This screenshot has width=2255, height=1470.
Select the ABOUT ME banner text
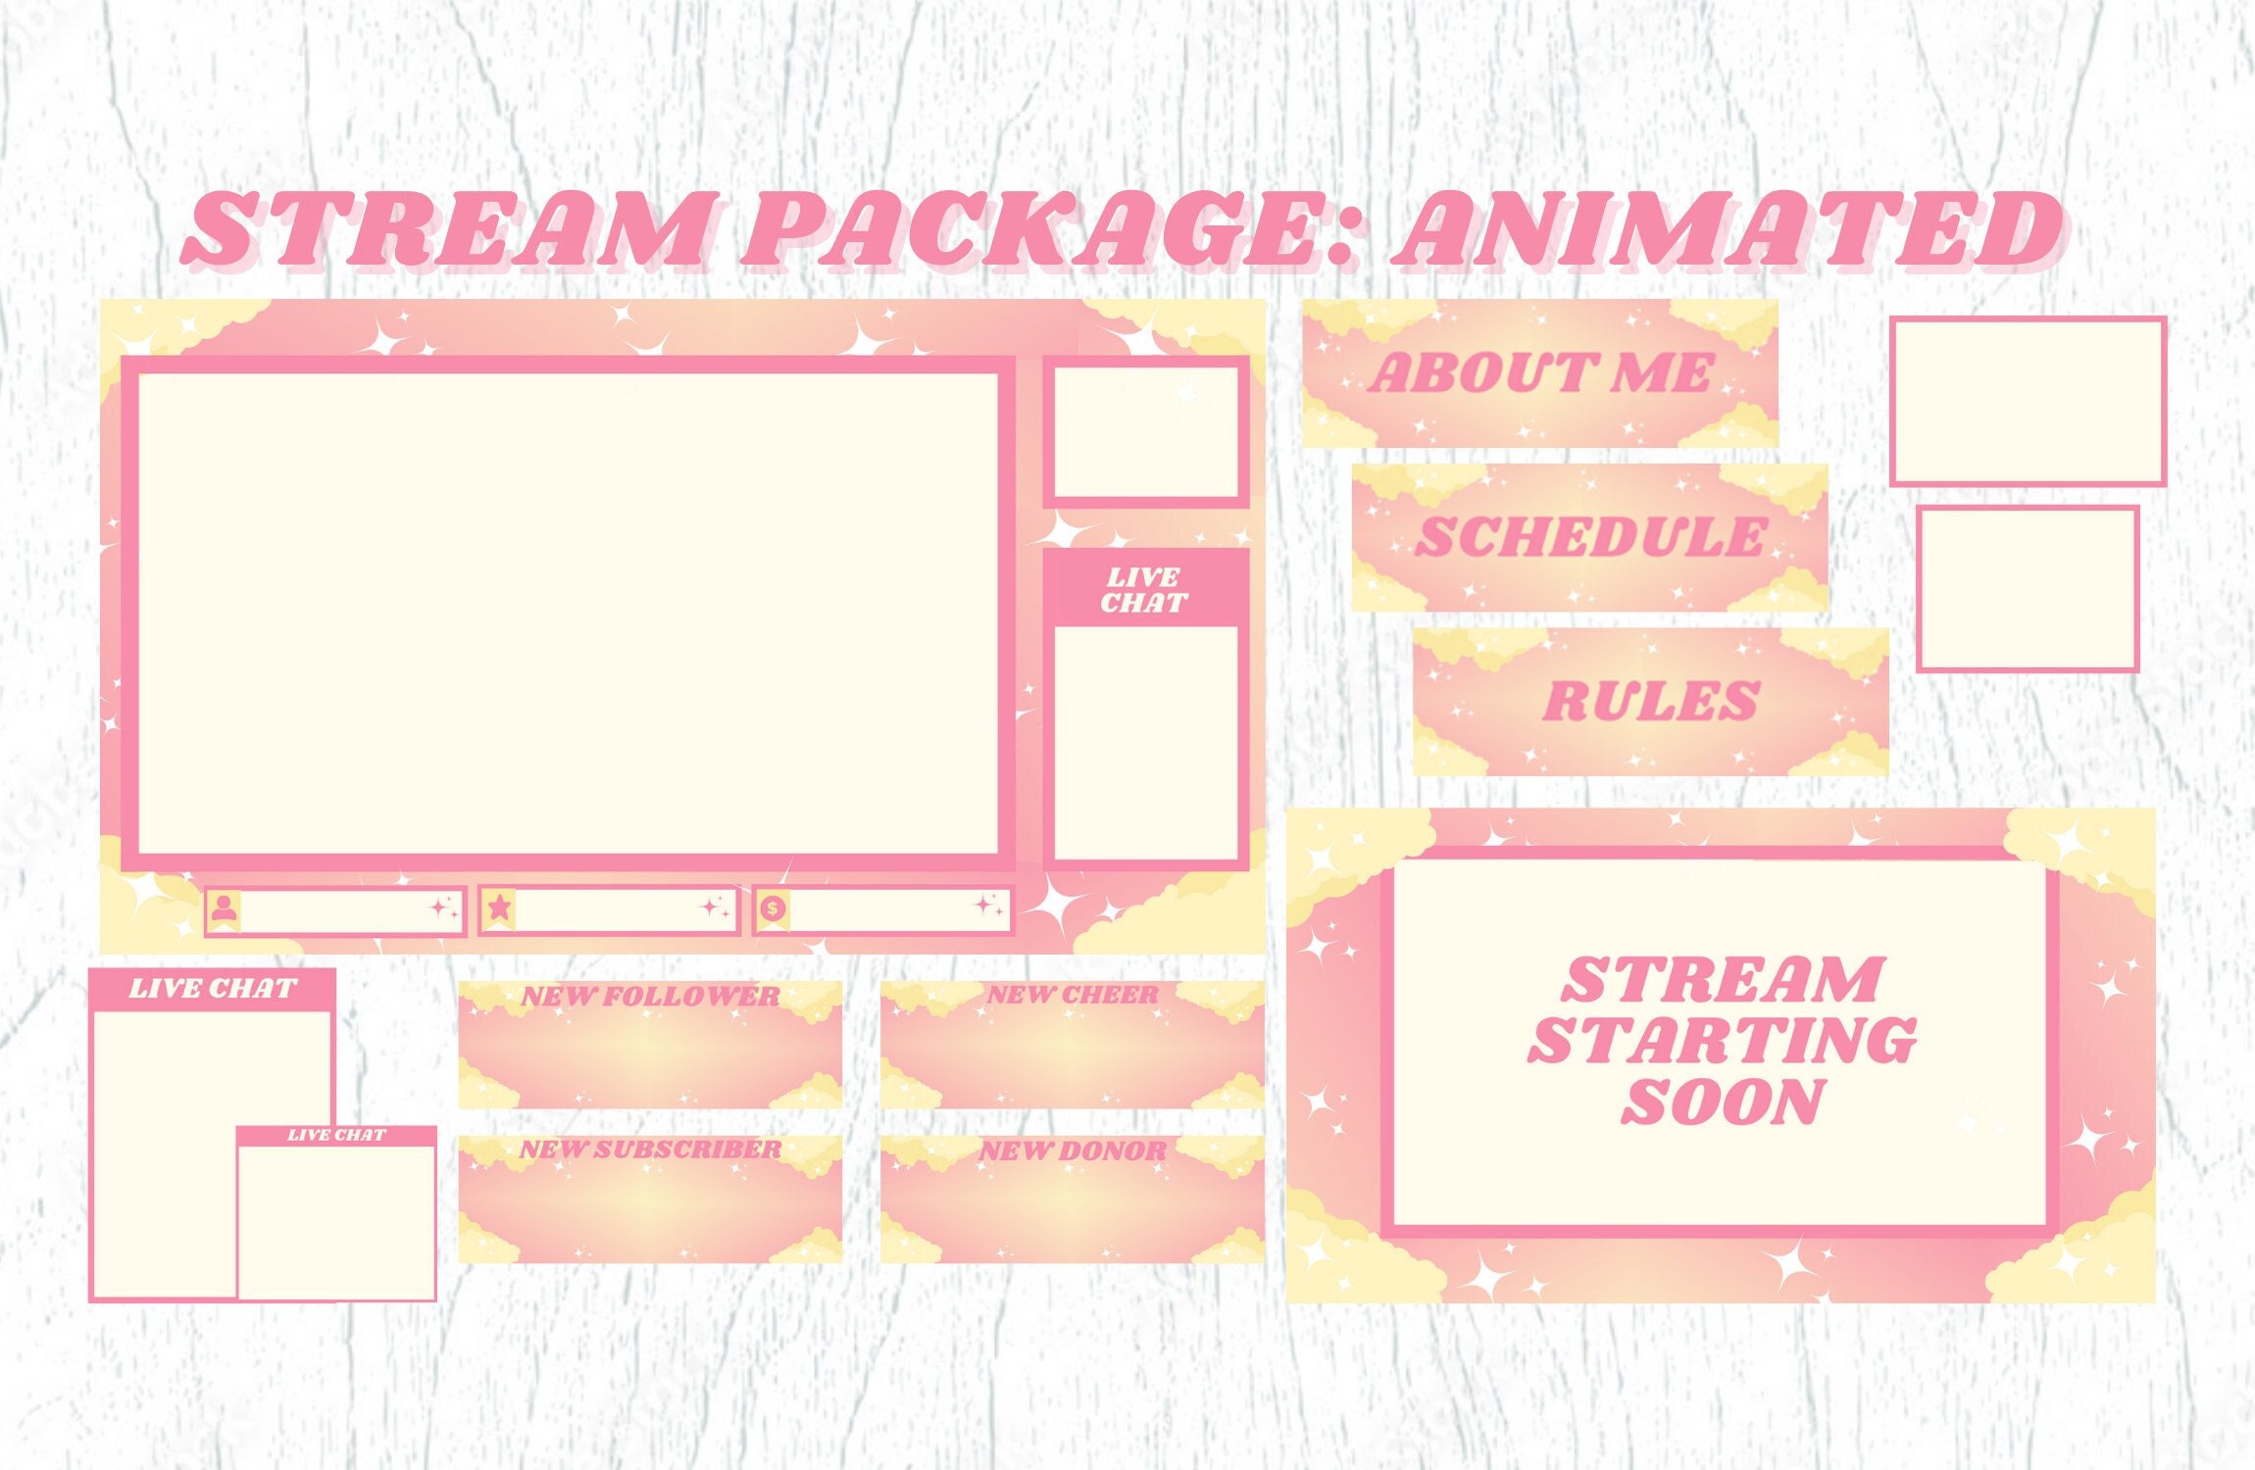tap(1540, 373)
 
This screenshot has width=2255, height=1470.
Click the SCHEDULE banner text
tap(1590, 537)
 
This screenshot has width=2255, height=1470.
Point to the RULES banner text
tap(1651, 702)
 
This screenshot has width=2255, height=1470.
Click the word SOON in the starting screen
tap(1723, 1102)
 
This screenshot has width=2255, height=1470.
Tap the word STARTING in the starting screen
tap(1723, 1041)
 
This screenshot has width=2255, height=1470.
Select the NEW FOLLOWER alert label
tap(650, 997)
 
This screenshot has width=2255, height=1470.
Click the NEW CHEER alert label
tap(1072, 996)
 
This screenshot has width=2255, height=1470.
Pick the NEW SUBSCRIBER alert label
tap(650, 1150)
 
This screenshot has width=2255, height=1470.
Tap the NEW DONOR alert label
tap(1073, 1151)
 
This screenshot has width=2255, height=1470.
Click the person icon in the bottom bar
tap(225, 908)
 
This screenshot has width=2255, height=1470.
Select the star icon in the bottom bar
tap(499, 907)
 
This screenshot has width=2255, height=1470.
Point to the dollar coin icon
tap(773, 908)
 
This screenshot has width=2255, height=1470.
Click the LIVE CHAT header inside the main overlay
tap(1144, 590)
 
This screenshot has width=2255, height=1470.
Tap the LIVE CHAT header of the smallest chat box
tap(336, 1135)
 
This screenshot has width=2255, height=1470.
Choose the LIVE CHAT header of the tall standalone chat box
tap(213, 989)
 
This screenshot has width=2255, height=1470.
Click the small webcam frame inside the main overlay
tap(1145, 432)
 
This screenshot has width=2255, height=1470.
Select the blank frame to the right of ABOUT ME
tap(2028, 401)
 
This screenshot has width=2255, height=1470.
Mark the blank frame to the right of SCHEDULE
tap(2028, 589)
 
